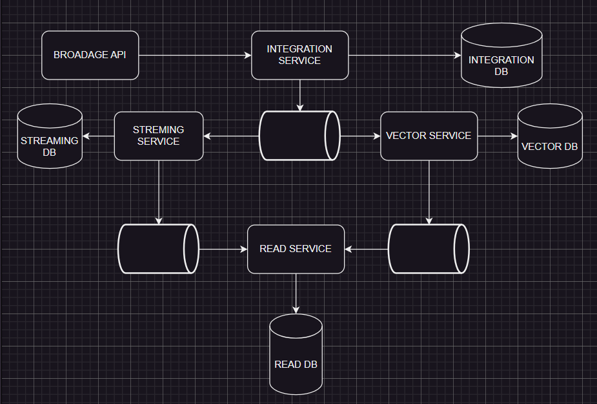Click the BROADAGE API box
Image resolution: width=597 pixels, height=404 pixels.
tap(90, 55)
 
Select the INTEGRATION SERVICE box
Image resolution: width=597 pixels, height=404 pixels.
tap(299, 55)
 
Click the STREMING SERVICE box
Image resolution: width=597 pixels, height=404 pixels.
tap(158, 136)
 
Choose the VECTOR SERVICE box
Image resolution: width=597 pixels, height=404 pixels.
tap(429, 136)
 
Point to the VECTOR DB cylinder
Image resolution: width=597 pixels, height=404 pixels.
tap(549, 137)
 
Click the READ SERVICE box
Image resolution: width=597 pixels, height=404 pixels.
tap(296, 249)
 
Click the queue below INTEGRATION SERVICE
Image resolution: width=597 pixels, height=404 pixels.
tap(299, 136)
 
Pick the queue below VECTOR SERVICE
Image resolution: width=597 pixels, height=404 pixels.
tap(428, 249)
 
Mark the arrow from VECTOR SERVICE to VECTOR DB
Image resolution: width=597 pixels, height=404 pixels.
tap(498, 136)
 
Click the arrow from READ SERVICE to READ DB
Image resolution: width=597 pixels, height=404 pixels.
tap(296, 293)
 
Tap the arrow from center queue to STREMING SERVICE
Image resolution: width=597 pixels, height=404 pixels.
tap(231, 136)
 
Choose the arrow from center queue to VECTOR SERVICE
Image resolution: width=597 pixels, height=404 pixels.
tap(360, 136)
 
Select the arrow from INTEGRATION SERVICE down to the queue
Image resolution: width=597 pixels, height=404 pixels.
tap(300, 95)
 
